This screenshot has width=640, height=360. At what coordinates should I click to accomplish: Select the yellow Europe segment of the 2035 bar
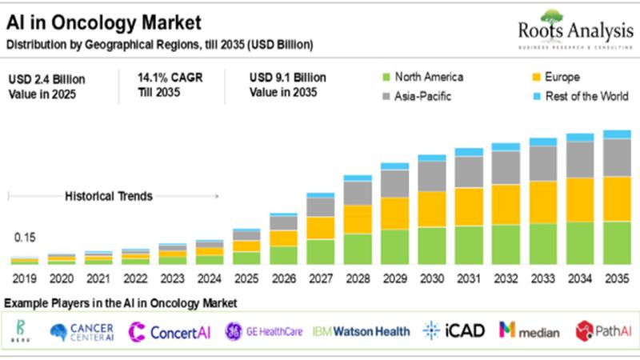coord(617,198)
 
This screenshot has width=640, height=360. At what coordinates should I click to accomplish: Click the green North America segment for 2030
coord(432,246)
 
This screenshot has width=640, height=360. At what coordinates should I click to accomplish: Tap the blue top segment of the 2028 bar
coord(358,178)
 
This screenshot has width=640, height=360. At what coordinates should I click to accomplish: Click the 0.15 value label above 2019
coord(24,238)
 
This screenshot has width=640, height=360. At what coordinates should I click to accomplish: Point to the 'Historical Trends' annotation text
coord(108,196)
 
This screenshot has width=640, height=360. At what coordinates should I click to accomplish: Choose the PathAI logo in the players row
coord(601,330)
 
